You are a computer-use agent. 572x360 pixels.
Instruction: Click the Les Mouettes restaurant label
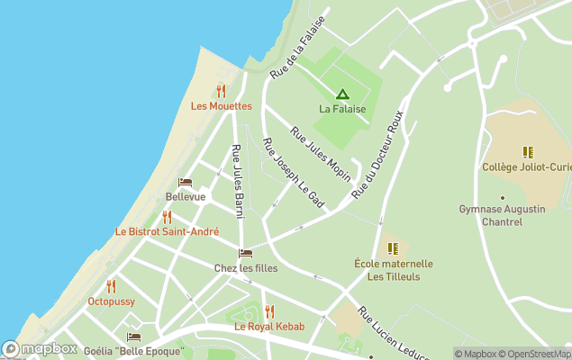click(x=221, y=105)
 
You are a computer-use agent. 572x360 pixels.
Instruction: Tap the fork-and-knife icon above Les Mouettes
click(x=221, y=91)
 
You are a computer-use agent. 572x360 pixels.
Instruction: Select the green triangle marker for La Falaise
click(x=342, y=94)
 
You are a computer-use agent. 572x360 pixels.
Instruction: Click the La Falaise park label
click(x=342, y=109)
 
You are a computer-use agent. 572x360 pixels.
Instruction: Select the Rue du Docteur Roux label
click(x=377, y=156)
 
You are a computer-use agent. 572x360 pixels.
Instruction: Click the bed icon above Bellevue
click(x=185, y=183)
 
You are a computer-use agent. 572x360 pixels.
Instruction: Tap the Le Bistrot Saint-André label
click(x=167, y=231)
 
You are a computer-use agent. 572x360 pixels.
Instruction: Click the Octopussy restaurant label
click(x=111, y=301)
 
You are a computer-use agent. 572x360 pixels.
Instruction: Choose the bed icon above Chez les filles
click(x=245, y=254)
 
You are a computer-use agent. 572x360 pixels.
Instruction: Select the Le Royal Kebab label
click(x=269, y=326)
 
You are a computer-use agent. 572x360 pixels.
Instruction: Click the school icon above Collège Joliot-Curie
click(x=527, y=152)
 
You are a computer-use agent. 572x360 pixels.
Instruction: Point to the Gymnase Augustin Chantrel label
click(x=502, y=215)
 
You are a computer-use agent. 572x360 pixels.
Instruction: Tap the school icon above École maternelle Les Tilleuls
click(x=392, y=248)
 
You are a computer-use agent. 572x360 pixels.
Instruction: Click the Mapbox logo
click(x=40, y=349)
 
